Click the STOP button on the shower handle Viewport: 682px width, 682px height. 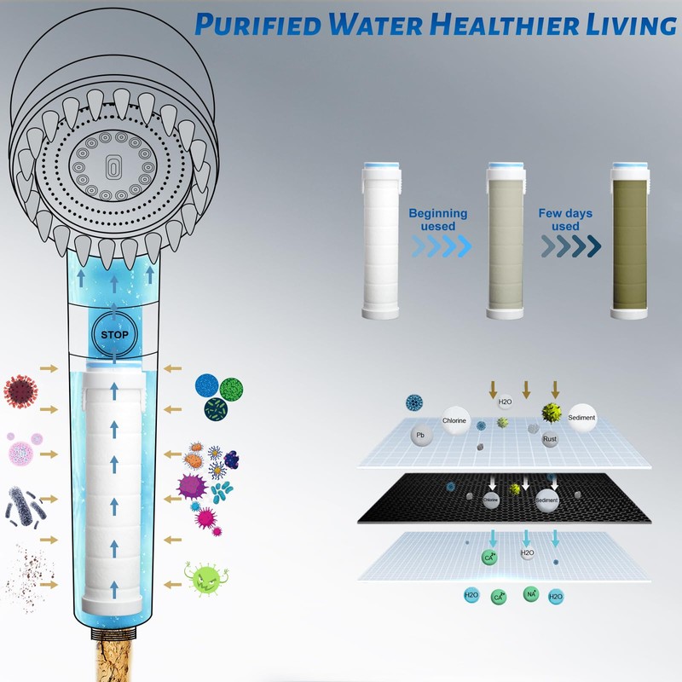click(114, 334)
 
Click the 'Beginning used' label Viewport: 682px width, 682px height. click(437, 219)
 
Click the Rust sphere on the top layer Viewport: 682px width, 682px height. click(550, 439)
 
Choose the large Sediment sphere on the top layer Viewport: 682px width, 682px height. click(582, 417)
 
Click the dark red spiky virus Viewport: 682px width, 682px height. click(20, 390)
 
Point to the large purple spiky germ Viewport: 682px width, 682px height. click(192, 487)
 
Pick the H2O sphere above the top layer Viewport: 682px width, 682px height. click(503, 401)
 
